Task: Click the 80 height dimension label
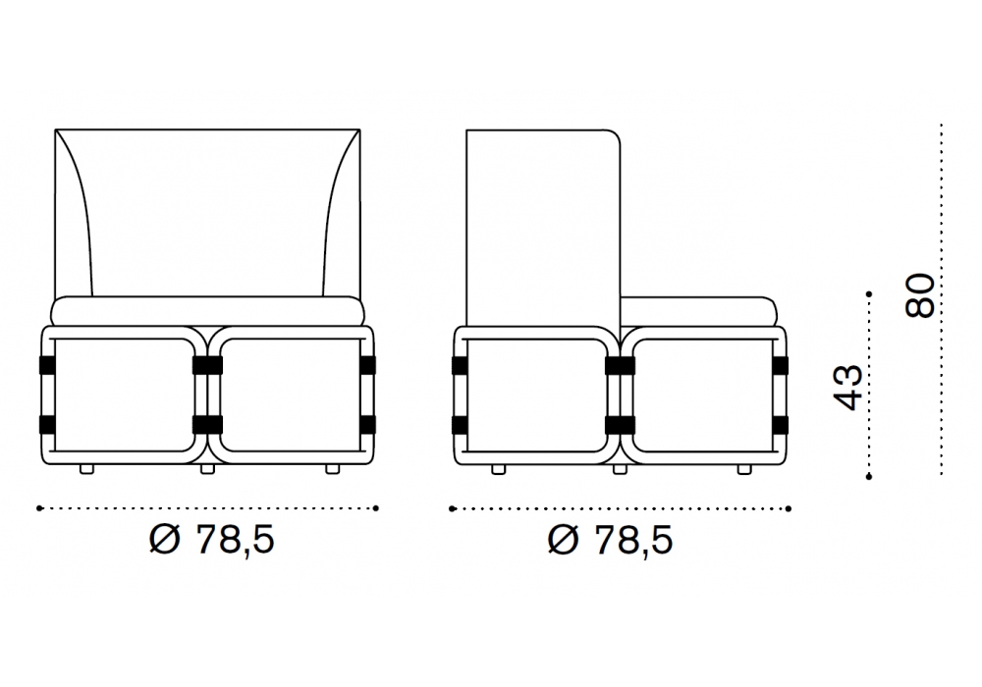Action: coord(920,294)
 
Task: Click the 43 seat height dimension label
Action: coord(848,388)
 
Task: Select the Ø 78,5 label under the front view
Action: coord(212,539)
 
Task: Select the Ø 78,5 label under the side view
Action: coord(610,540)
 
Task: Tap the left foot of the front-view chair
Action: coord(87,469)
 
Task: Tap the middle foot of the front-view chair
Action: coord(207,469)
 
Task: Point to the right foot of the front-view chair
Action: coord(333,469)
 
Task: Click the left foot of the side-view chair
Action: coord(499,469)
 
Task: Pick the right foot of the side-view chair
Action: coord(744,469)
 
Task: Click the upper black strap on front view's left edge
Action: coord(47,365)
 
